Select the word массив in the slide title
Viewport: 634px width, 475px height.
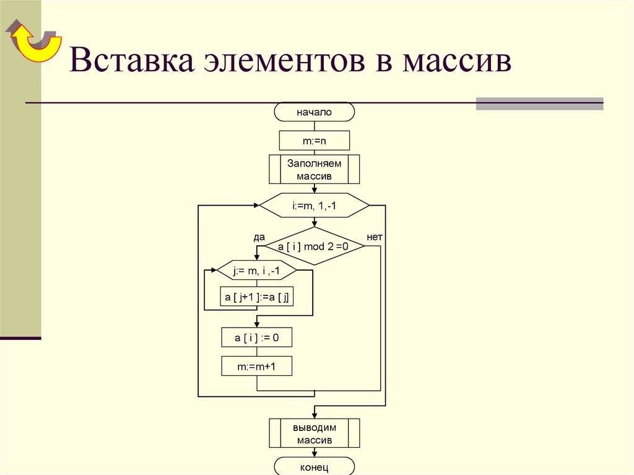pyautogui.click(x=456, y=63)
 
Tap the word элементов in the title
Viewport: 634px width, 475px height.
pyautogui.click(x=280, y=63)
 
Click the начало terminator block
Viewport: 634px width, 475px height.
pyautogui.click(x=314, y=112)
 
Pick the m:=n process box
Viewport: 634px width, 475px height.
pyautogui.click(x=314, y=141)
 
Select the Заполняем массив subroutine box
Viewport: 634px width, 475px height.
pyautogui.click(x=314, y=169)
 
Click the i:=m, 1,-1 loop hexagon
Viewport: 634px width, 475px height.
pyautogui.click(x=314, y=206)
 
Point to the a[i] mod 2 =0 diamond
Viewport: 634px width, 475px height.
pyautogui.click(x=314, y=246)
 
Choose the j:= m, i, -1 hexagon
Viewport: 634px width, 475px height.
pyautogui.click(x=256, y=271)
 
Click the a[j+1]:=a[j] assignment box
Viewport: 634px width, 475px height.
pyautogui.click(x=256, y=298)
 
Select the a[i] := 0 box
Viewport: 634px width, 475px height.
pyautogui.click(x=256, y=337)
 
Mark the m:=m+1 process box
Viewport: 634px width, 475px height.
pyautogui.click(x=256, y=366)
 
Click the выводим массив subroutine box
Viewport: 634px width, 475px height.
pyautogui.click(x=314, y=433)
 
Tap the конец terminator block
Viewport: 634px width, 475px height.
pyautogui.click(x=314, y=466)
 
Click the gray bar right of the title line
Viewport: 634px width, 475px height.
pyautogui.click(x=539, y=103)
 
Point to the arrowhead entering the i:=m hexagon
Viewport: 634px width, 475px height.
pyautogui.click(x=256, y=206)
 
